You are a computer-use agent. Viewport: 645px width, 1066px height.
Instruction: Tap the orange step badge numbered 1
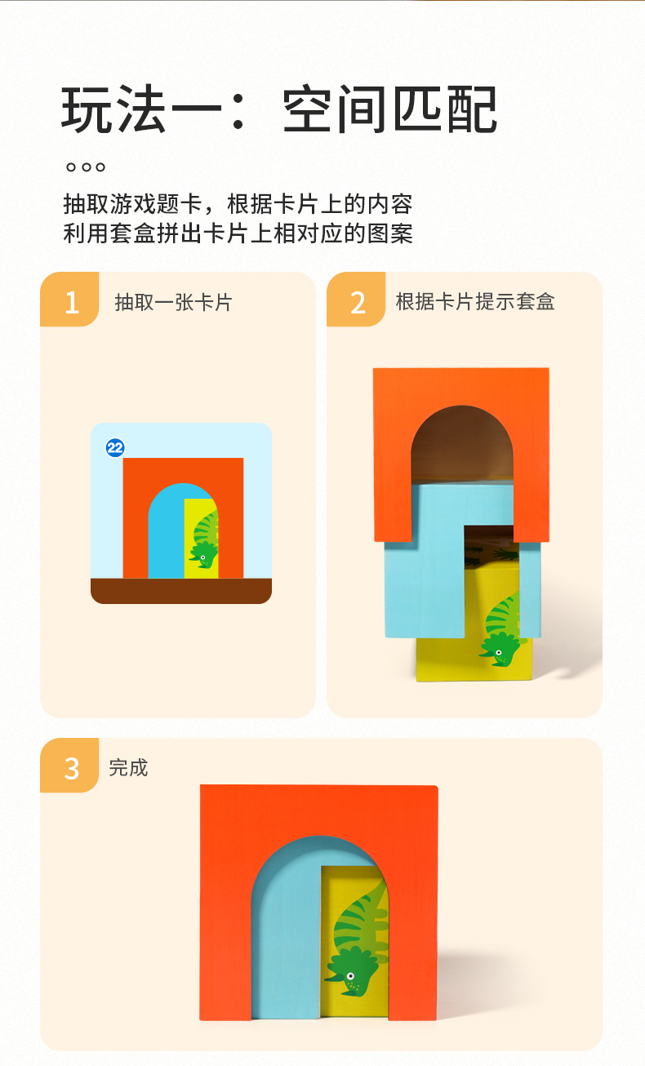[x=70, y=301]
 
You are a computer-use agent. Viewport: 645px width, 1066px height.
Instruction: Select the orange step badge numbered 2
[x=357, y=301]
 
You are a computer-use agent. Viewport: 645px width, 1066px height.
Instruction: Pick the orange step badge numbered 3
[x=70, y=767]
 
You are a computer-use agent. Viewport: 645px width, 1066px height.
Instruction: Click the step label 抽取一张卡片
[x=173, y=302]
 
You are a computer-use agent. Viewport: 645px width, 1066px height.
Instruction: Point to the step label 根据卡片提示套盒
[x=475, y=301]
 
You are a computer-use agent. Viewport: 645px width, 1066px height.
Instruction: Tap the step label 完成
[x=129, y=767]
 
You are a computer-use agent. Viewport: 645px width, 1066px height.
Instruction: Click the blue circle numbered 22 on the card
[x=115, y=447]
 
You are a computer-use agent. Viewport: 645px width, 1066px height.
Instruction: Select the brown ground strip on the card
[x=180, y=590]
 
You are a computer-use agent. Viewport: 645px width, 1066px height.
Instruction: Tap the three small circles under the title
[x=85, y=167]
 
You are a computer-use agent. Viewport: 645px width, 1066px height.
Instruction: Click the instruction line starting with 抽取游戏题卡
[x=238, y=203]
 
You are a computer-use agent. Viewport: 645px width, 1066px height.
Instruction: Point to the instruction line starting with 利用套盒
[x=238, y=233]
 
